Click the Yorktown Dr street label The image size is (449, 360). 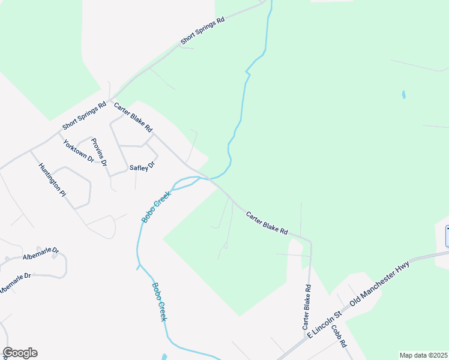click(79, 151)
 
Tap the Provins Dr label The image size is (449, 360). click(99, 152)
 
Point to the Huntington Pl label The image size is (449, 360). click(52, 180)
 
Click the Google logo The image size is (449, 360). click(20, 353)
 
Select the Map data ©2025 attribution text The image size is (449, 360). click(423, 355)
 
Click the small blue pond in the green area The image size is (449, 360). click(403, 95)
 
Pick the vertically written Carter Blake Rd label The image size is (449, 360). click(307, 307)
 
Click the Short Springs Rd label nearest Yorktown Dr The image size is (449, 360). click(84, 116)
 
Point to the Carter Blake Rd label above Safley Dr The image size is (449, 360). click(133, 118)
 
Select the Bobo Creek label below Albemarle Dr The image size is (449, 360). click(159, 302)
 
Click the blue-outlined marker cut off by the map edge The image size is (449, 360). click(447, 236)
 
